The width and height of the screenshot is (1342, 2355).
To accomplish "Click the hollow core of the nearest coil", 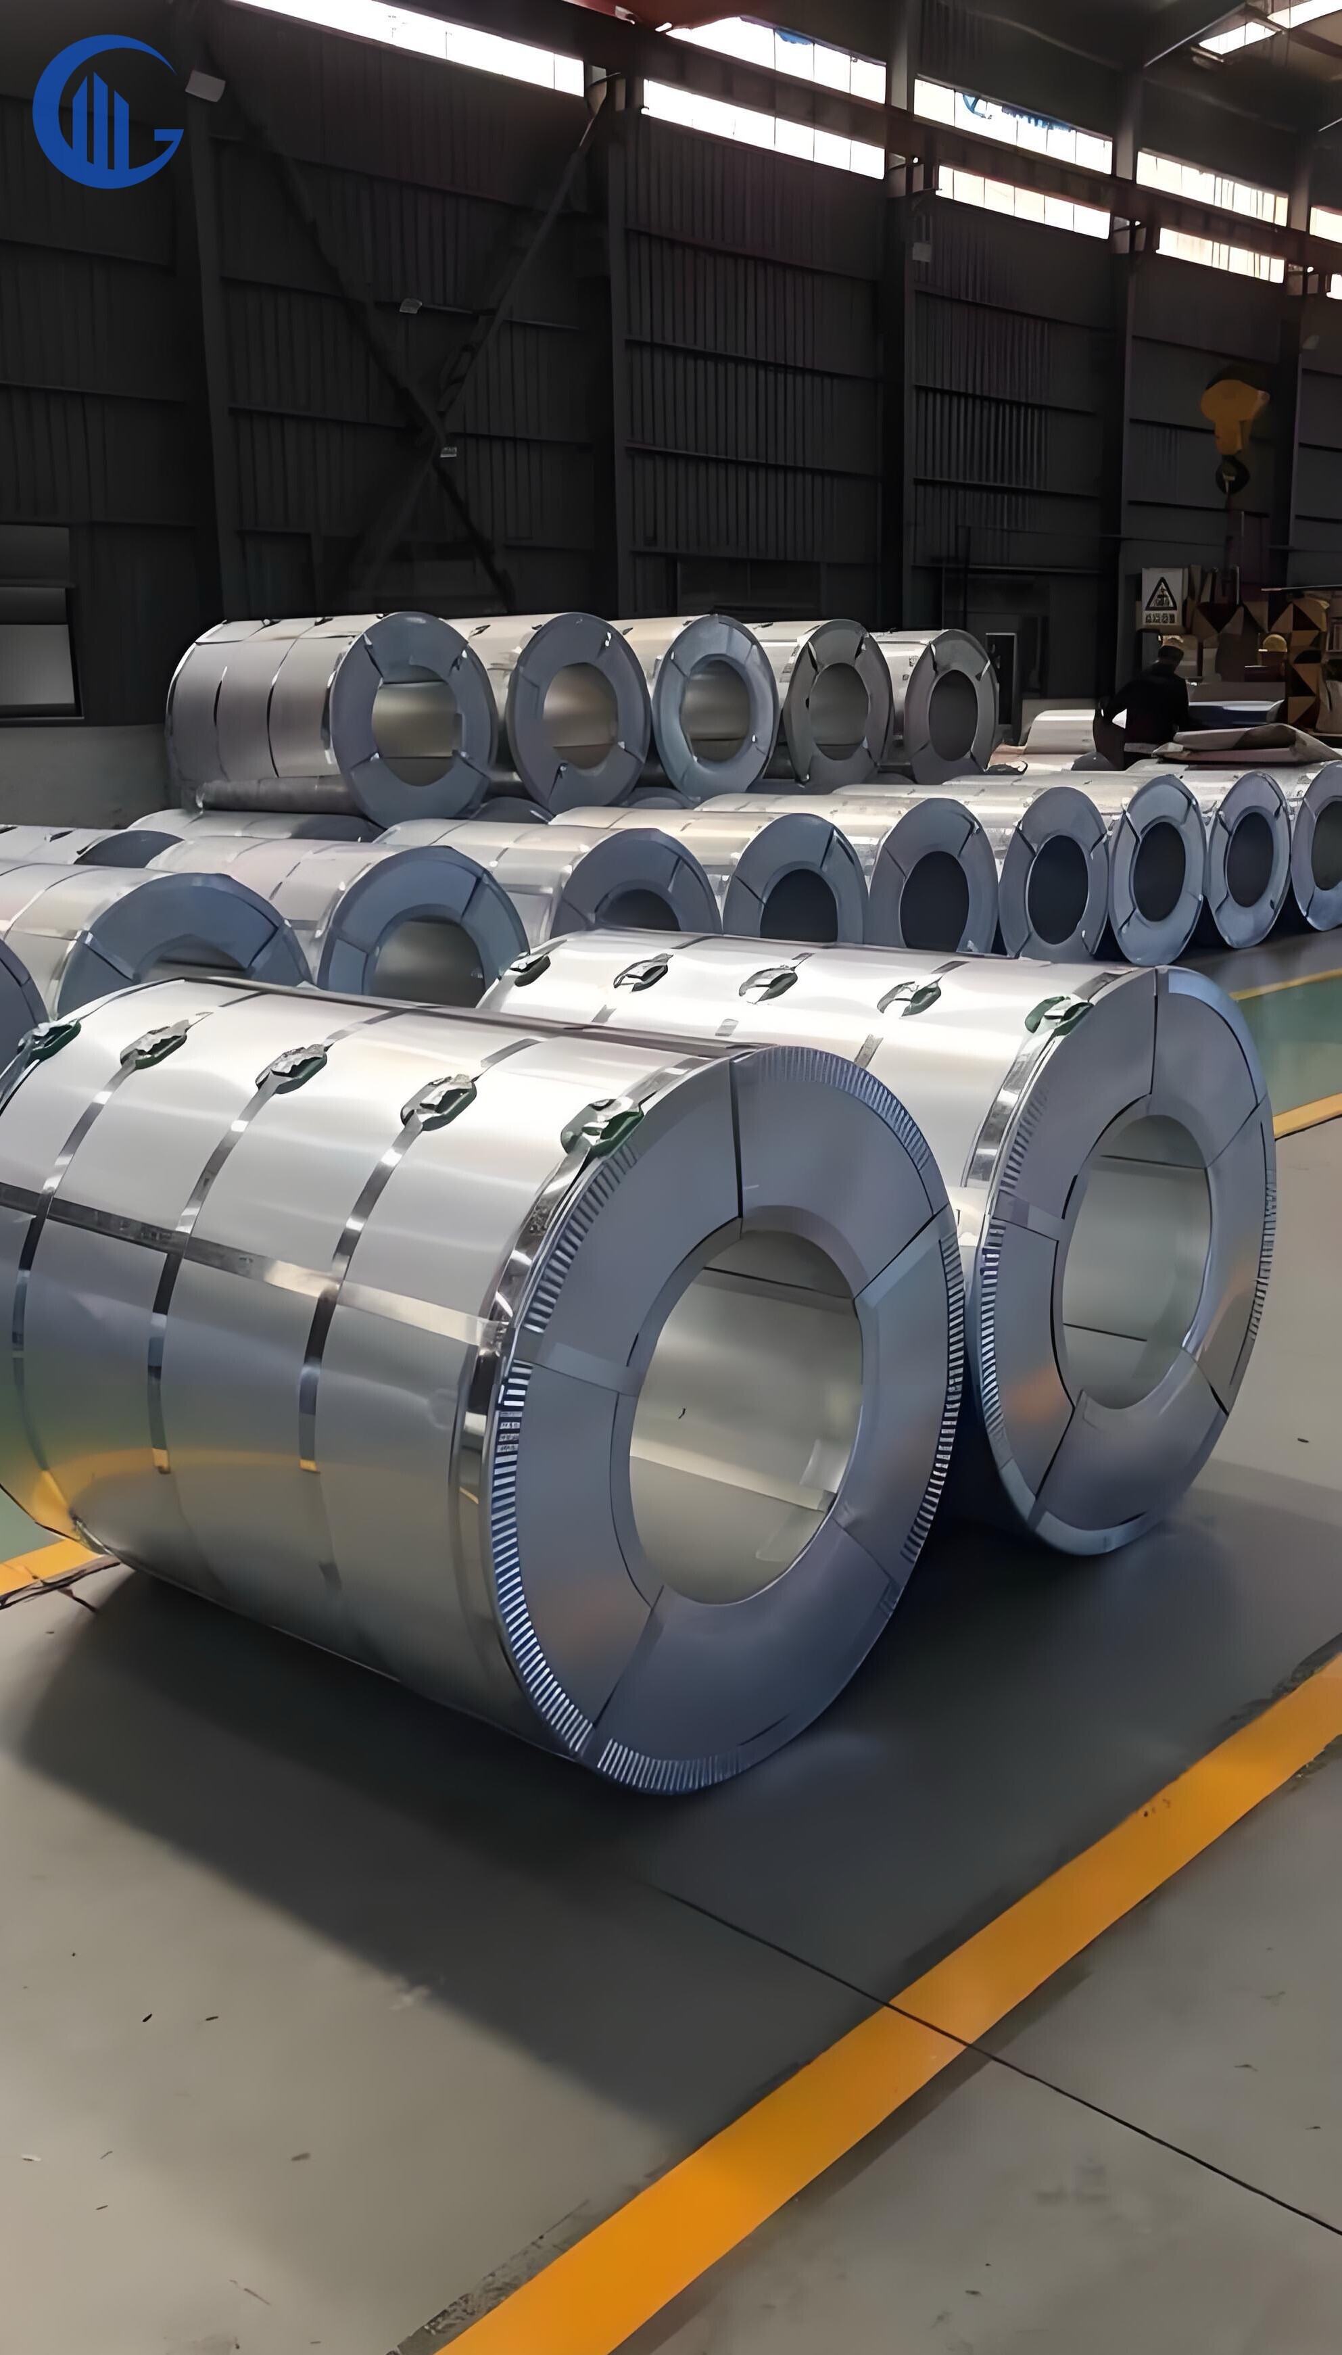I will [x=745, y=1415].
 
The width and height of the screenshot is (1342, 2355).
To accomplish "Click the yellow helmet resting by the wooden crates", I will [x=1274, y=644].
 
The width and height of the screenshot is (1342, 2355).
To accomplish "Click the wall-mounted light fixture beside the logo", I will [x=205, y=86].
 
